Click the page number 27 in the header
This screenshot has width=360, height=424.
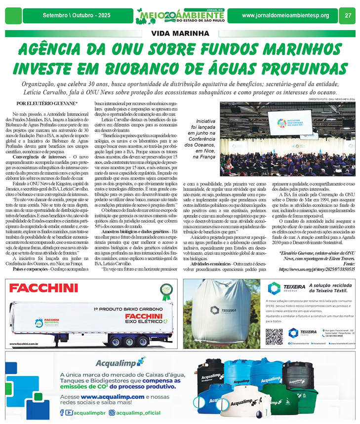[x=348, y=15]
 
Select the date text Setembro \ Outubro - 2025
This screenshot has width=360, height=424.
[x=76, y=15]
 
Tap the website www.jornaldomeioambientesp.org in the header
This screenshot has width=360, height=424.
[x=285, y=15]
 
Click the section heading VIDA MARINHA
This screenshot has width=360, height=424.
[x=180, y=34]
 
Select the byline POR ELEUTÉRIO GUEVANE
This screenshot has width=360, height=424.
[x=47, y=103]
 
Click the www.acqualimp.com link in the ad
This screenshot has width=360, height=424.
[x=113, y=397]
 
